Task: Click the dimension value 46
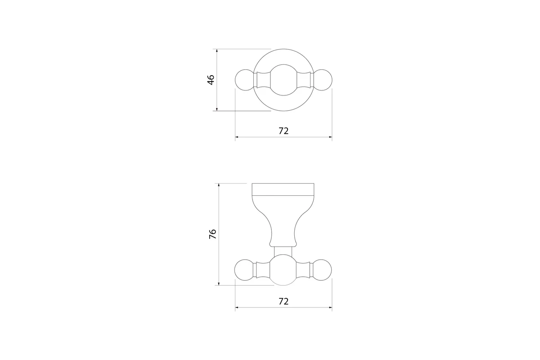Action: coord(211,80)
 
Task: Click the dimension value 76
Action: coord(212,234)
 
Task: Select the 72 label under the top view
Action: coord(283,131)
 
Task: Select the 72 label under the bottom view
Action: coord(283,301)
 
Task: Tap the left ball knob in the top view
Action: coord(245,80)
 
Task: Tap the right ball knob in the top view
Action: coord(322,80)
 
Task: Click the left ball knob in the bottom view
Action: coord(244,270)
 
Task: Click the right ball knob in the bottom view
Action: coord(322,270)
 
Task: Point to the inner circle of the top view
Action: coord(283,64)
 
